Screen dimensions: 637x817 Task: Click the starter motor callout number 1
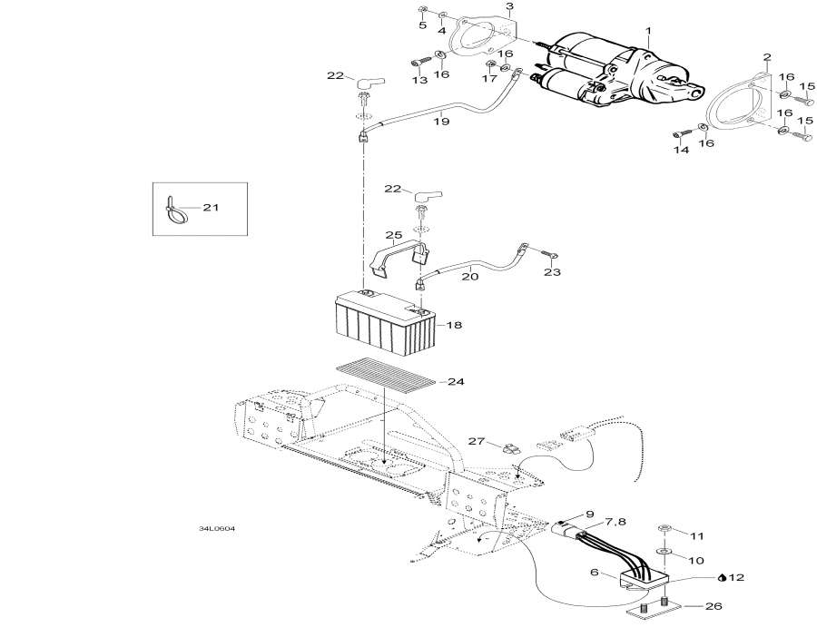coord(648,32)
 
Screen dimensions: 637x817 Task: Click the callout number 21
coord(211,208)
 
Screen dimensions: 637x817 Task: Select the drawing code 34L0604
coord(217,529)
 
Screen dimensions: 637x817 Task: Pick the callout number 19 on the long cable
coord(441,120)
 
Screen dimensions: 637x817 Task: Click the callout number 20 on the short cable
coord(469,276)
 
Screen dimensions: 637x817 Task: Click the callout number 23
coord(552,272)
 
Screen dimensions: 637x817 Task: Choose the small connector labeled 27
coord(509,446)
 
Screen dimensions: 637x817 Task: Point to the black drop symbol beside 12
coord(722,576)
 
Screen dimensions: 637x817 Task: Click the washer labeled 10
coord(664,550)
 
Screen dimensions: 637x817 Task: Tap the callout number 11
coord(696,536)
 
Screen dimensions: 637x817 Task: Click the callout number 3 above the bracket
coord(509,6)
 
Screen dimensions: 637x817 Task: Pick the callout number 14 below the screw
coord(681,151)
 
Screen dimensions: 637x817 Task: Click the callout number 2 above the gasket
coord(766,56)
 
